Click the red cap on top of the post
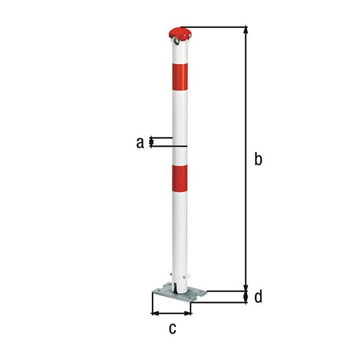[x=180, y=32]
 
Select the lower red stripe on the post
[x=180, y=178]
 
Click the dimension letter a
[x=139, y=142]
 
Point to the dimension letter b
[x=258, y=159]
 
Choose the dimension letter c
[x=172, y=328]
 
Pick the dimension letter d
[x=258, y=297]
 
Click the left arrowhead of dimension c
[x=154, y=313]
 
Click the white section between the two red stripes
[x=180, y=123]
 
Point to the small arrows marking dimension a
[x=152, y=142]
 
